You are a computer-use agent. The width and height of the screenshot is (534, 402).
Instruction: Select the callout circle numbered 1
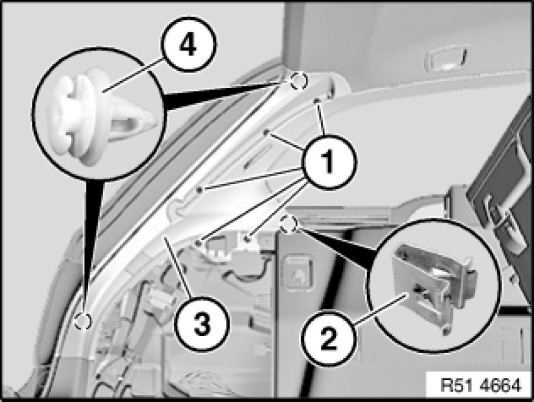[328, 162]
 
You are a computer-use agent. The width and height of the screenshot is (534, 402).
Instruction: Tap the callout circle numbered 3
[202, 324]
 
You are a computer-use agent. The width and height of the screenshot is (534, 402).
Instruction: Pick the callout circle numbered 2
[328, 339]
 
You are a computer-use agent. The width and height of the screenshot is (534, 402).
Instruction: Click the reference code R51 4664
[481, 386]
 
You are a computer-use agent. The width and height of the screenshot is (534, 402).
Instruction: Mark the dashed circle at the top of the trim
[298, 81]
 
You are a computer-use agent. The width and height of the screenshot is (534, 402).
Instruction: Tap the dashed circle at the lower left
[83, 321]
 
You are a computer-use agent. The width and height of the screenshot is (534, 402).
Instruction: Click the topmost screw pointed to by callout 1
[317, 101]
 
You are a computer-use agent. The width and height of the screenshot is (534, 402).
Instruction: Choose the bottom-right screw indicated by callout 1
[248, 239]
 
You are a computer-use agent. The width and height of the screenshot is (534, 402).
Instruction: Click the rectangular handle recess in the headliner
[446, 58]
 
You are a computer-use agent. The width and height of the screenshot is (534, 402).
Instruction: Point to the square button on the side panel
[298, 274]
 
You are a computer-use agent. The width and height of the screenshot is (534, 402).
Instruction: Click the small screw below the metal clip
[446, 330]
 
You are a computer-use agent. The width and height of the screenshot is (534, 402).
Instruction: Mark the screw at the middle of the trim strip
[200, 190]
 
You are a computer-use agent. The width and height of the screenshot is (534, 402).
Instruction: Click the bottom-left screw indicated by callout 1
[198, 243]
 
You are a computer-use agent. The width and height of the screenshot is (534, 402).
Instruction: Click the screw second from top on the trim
[266, 132]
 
